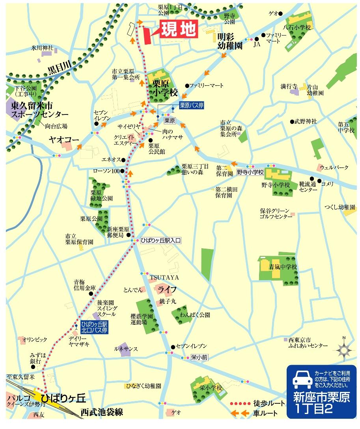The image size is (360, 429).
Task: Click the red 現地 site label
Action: pos(178,30)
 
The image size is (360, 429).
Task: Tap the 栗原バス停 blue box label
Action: pos(192,105)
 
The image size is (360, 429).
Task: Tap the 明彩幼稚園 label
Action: pos(231,41)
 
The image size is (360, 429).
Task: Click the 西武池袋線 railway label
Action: pos(102,412)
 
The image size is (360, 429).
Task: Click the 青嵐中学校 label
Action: pos(283,267)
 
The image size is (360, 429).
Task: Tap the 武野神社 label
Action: pos(306,122)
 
